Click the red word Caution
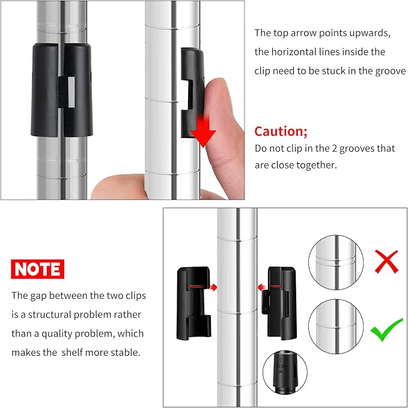pos(279,131)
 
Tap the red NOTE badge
pos(37,269)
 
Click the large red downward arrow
pos(203,130)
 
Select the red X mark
pos(386,262)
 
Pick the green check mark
pos(386,330)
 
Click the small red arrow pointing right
pos(213,287)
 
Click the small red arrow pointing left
pos(261,287)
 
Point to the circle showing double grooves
pos(335,262)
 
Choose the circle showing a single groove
pos(335,326)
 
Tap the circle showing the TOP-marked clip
pos(285,372)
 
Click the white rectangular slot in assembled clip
pos(71,92)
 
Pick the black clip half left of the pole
pos(193,303)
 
